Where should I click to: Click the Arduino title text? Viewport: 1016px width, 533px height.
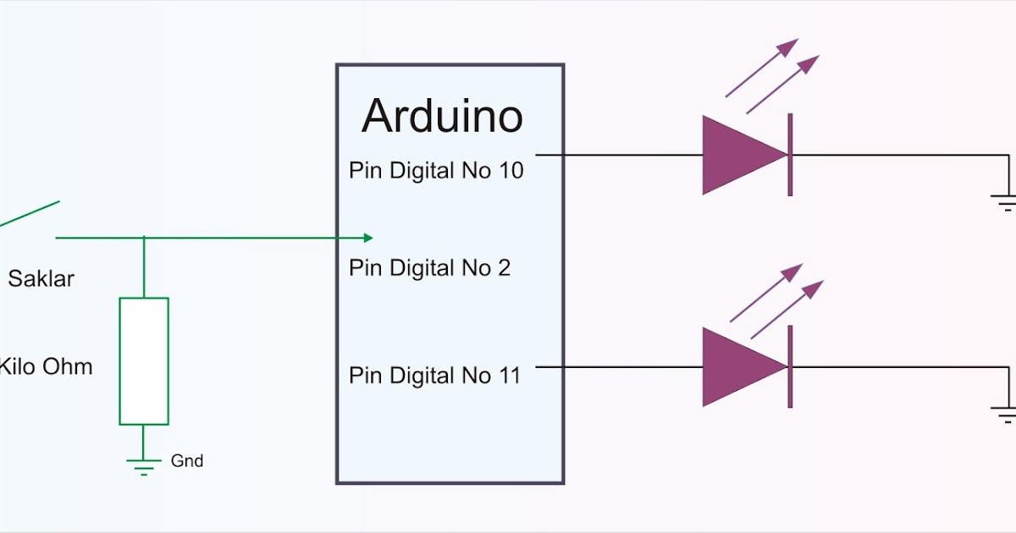(x=442, y=117)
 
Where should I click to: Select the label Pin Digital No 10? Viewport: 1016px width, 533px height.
(x=436, y=170)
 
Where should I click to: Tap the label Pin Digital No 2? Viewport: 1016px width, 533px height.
(x=429, y=268)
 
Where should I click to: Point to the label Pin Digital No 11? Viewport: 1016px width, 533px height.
(x=434, y=375)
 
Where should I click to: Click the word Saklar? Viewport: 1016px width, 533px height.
(x=41, y=278)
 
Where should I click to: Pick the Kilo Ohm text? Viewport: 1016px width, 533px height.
(x=46, y=367)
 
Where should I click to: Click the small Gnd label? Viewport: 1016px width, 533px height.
(x=187, y=461)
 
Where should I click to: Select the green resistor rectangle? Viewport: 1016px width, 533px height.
(x=144, y=360)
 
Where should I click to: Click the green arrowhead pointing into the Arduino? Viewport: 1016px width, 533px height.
(x=367, y=238)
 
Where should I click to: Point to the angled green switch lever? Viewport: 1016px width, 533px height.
(x=30, y=214)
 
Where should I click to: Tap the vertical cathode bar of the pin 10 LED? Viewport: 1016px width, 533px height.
(x=790, y=155)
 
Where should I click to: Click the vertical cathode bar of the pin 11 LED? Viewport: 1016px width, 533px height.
(x=790, y=366)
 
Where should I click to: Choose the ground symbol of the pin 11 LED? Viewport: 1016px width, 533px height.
(x=1005, y=415)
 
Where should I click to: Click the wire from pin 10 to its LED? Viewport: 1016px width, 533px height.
(x=618, y=156)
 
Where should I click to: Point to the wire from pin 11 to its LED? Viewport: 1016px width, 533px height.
(x=618, y=367)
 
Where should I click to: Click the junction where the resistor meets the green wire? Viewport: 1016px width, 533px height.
(x=144, y=238)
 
